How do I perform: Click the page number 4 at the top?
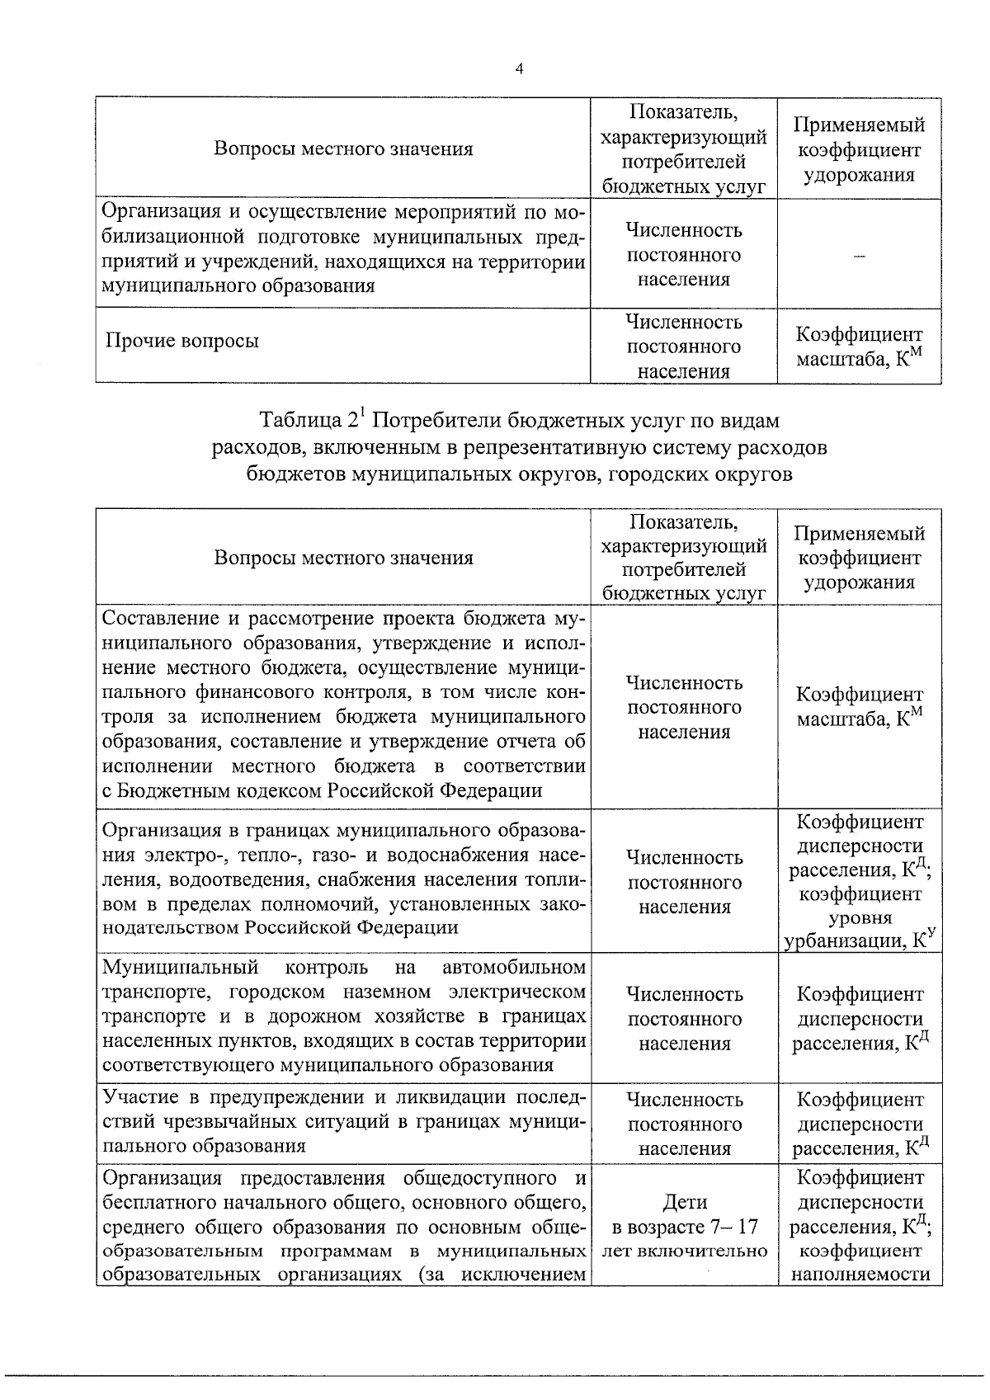518,70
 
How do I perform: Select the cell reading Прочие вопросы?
182,342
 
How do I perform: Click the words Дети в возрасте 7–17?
684,1214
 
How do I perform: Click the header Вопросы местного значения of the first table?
343,149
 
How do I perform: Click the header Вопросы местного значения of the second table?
343,558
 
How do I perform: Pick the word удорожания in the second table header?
859,582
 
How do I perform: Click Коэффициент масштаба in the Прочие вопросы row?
859,347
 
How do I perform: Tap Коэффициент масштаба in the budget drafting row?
859,707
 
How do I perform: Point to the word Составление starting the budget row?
156,618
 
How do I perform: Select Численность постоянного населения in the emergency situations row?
684,1124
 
